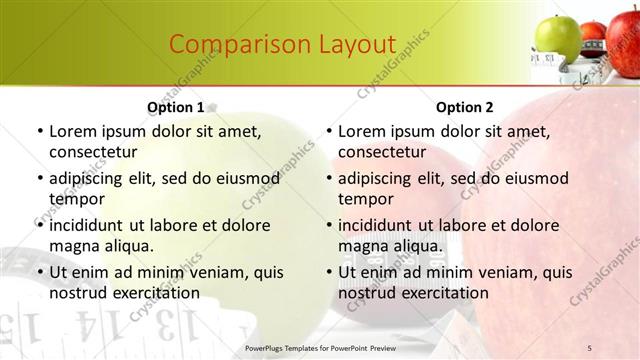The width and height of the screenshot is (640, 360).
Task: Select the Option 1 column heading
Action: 176,107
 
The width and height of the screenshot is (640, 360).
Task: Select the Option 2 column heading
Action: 465,107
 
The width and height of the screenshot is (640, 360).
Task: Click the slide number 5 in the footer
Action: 590,347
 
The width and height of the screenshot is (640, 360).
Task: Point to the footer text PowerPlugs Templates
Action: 290,347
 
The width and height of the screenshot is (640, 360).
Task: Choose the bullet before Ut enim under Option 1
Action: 39,272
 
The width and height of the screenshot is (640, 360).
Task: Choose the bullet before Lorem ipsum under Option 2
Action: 328,131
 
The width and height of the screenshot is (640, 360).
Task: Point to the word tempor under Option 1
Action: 76,199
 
